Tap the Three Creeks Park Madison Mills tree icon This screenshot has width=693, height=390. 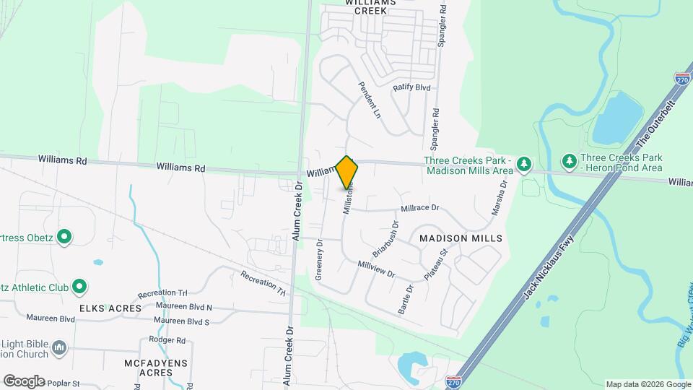[x=525, y=165]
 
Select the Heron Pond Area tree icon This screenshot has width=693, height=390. [x=570, y=160]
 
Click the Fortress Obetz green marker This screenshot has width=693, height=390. [x=64, y=236]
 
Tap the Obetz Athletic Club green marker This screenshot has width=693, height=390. [x=79, y=287]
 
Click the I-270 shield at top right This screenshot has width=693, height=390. [x=681, y=79]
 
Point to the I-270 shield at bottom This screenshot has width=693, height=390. [x=453, y=381]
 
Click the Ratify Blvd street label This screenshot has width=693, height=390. [x=411, y=88]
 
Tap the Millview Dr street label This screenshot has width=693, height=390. [x=377, y=269]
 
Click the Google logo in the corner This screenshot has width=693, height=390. [x=25, y=381]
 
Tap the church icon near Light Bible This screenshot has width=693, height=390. [x=60, y=349]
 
